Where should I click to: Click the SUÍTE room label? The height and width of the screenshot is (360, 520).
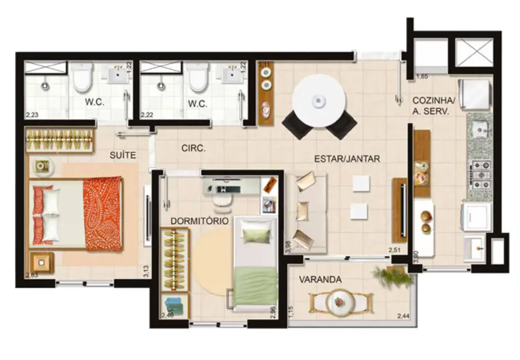tap(122, 156)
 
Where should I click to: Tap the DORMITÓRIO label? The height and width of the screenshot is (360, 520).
tap(199, 220)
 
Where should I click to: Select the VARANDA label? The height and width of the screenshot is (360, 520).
tap(320, 279)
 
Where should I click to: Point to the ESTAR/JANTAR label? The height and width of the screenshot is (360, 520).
tap(347, 158)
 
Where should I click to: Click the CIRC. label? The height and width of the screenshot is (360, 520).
tap(194, 148)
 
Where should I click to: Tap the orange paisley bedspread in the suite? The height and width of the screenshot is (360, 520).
tap(102, 213)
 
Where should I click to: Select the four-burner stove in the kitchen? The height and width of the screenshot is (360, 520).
tap(480, 173)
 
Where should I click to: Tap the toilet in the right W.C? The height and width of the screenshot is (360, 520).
tap(197, 78)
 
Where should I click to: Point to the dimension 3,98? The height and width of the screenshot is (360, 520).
tap(287, 247)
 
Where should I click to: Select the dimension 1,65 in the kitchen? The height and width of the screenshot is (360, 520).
tap(423, 76)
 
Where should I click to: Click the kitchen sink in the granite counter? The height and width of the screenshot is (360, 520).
tap(480, 131)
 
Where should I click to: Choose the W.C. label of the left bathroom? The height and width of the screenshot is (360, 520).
tap(96, 103)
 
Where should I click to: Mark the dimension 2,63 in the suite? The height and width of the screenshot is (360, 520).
tap(32, 274)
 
